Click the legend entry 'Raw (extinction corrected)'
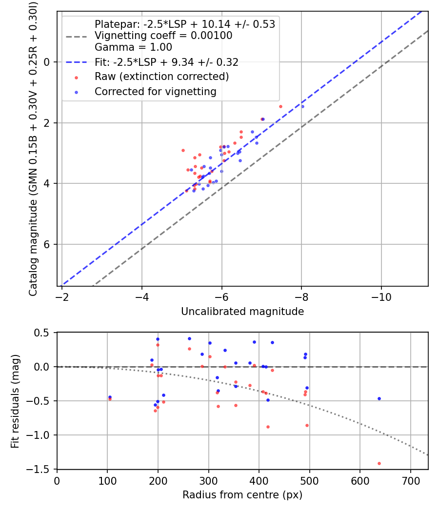point(161,77)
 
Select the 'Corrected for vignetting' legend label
point(155,91)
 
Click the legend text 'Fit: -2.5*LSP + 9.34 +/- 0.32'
point(166,62)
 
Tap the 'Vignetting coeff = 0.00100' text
point(163,36)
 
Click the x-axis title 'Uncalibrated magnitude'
point(242,312)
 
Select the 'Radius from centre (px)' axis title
point(242,495)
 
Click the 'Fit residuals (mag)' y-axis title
point(16,401)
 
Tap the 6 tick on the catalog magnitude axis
point(47,244)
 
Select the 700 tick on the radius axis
point(410,480)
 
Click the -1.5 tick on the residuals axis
point(41,469)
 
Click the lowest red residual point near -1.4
point(379,463)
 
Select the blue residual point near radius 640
point(379,398)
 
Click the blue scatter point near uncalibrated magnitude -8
point(302,106)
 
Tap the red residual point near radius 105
point(110,399)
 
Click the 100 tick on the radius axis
point(107,480)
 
